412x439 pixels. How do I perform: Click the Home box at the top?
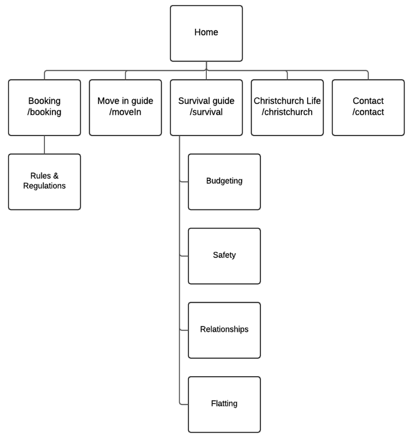point(206,33)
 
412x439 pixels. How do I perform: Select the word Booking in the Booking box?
point(44,101)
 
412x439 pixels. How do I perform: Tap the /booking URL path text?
point(44,112)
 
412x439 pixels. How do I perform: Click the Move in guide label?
point(125,101)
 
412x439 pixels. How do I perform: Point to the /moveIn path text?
point(125,112)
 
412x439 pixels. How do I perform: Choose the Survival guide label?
point(206,101)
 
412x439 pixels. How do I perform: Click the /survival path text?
point(206,112)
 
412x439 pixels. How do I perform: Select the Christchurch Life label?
point(287,101)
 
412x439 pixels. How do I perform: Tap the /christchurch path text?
point(287,112)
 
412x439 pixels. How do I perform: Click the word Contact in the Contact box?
point(368,101)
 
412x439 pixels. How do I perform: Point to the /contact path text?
point(368,112)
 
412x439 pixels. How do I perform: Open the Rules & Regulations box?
point(44,181)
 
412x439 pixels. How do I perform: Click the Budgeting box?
point(224,181)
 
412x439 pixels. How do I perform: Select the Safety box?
point(224,256)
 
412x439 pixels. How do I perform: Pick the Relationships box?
point(224,330)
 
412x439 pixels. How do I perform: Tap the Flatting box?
point(224,404)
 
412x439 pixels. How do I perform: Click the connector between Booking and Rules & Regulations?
point(44,145)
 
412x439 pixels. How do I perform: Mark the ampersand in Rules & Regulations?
point(56,176)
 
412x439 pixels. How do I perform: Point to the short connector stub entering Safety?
point(184,256)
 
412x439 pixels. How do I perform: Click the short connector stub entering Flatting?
point(184,404)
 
